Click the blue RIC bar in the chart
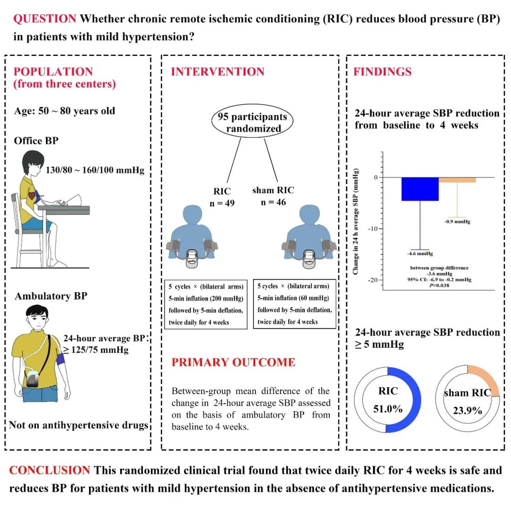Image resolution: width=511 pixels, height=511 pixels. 420,189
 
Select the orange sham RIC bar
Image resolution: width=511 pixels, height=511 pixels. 457,180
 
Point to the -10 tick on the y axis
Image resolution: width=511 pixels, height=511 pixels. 381,229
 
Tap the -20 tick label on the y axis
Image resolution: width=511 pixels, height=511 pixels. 373,280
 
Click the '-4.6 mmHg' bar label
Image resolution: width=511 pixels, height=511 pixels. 420,254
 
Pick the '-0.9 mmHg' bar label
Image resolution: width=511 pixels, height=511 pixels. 457,221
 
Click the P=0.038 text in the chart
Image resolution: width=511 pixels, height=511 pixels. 439,285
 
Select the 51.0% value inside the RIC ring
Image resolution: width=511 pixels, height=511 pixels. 388,409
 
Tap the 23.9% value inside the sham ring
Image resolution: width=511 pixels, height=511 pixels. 467,410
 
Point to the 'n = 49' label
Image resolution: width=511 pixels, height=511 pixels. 222,203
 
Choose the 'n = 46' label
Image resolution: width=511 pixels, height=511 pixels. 273,203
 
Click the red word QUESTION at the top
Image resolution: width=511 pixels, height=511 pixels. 44,18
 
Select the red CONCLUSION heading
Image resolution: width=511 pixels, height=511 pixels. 50,470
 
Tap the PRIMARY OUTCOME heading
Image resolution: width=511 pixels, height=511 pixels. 233,362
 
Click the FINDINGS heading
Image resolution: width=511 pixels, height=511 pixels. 383,72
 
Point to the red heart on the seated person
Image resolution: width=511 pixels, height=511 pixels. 32,195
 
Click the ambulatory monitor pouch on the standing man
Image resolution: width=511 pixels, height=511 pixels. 33,378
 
